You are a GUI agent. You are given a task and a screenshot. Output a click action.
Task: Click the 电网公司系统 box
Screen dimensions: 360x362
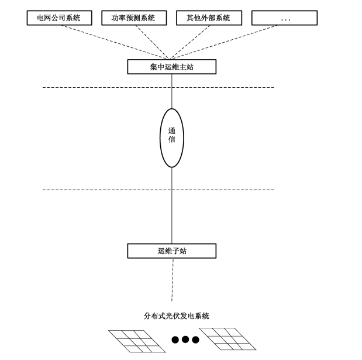click(x=60, y=18)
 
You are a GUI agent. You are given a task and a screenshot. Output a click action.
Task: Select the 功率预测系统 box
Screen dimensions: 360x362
click(x=134, y=18)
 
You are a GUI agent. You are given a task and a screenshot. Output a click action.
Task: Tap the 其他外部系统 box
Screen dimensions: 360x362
click(x=209, y=18)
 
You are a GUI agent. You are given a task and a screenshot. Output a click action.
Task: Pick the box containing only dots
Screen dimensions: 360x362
click(x=284, y=18)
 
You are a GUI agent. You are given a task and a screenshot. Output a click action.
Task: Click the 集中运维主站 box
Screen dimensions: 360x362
click(x=171, y=67)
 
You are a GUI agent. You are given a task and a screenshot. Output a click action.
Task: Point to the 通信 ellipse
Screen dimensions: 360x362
click(x=171, y=138)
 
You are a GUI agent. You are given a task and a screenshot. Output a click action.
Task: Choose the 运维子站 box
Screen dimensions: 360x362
click(x=171, y=251)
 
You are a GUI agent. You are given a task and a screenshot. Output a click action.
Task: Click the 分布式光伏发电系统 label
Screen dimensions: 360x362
click(x=176, y=316)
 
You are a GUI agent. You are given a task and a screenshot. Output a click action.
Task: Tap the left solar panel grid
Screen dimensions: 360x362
click(x=136, y=341)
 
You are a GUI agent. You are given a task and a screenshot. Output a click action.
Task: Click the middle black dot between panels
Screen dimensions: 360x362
click(x=185, y=340)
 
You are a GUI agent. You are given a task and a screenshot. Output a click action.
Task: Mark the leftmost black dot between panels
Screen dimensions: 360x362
click(x=175, y=340)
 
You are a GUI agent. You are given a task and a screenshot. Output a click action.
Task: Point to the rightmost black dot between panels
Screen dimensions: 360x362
click(x=195, y=340)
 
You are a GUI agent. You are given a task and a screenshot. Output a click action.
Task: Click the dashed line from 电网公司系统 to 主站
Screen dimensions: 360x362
click(x=111, y=40)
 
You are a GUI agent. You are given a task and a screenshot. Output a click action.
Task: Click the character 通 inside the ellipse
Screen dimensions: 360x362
click(x=171, y=131)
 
